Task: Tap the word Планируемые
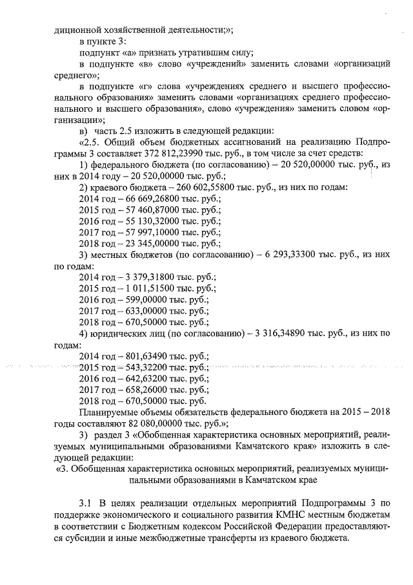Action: point(112,412)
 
